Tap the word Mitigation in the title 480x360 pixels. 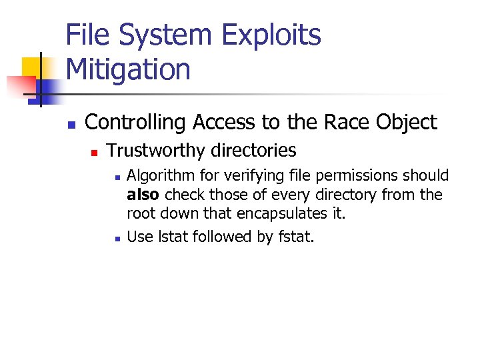[x=128, y=69]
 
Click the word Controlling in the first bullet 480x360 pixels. [x=137, y=123]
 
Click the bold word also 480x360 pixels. [x=143, y=195]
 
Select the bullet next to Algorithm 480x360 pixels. [x=117, y=178]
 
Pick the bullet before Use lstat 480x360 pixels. [x=117, y=239]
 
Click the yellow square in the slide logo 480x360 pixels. [x=33, y=67]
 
